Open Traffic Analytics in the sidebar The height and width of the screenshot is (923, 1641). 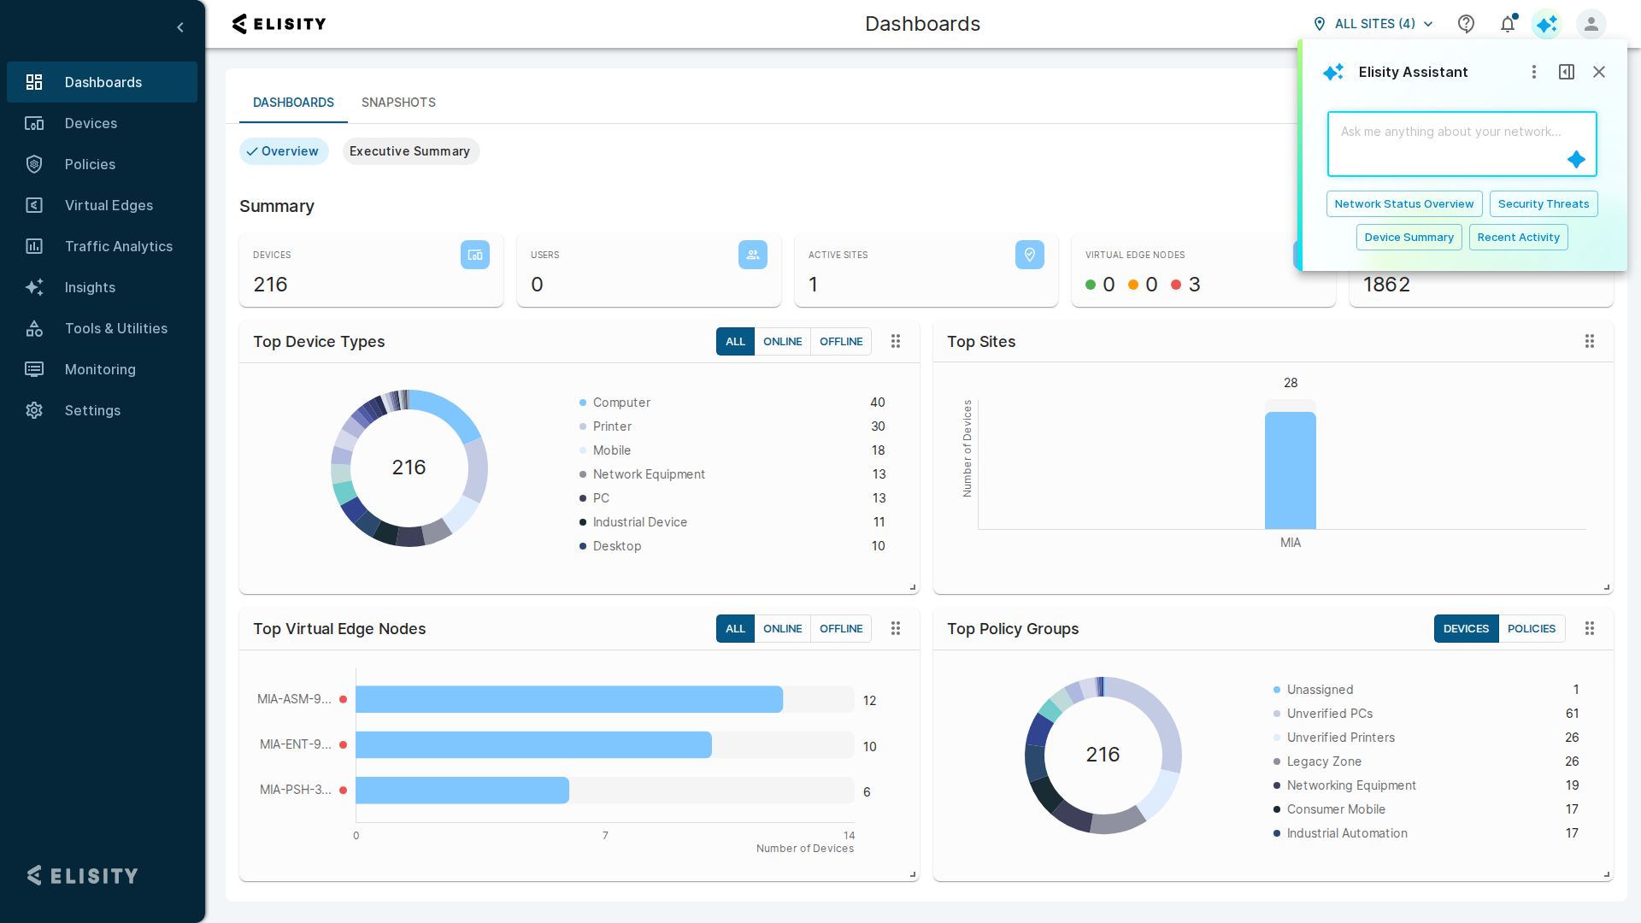click(118, 246)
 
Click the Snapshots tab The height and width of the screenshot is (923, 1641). click(398, 103)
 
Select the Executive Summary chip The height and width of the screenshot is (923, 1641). click(410, 151)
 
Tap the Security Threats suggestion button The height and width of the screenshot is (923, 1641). click(1543, 203)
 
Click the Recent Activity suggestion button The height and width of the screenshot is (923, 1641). click(1518, 237)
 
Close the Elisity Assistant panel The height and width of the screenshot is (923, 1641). click(1598, 72)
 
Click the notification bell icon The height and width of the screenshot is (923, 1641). click(1508, 24)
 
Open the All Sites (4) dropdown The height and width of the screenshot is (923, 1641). click(1373, 24)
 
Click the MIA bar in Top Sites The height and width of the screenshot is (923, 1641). click(1291, 470)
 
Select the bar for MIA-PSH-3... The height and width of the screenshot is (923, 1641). click(462, 790)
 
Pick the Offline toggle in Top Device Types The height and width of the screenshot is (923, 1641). click(841, 341)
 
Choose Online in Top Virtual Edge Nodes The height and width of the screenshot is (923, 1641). click(782, 628)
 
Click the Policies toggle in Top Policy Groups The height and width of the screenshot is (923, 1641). click(1531, 628)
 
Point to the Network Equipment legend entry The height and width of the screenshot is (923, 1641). click(649, 474)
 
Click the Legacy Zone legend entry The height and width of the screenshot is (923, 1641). click(1324, 761)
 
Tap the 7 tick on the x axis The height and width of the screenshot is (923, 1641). click(605, 835)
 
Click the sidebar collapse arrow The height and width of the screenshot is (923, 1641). click(180, 27)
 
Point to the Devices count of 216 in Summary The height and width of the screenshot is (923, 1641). click(270, 285)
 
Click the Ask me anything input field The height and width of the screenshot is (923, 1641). click(1462, 144)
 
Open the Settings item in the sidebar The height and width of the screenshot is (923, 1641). click(92, 410)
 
